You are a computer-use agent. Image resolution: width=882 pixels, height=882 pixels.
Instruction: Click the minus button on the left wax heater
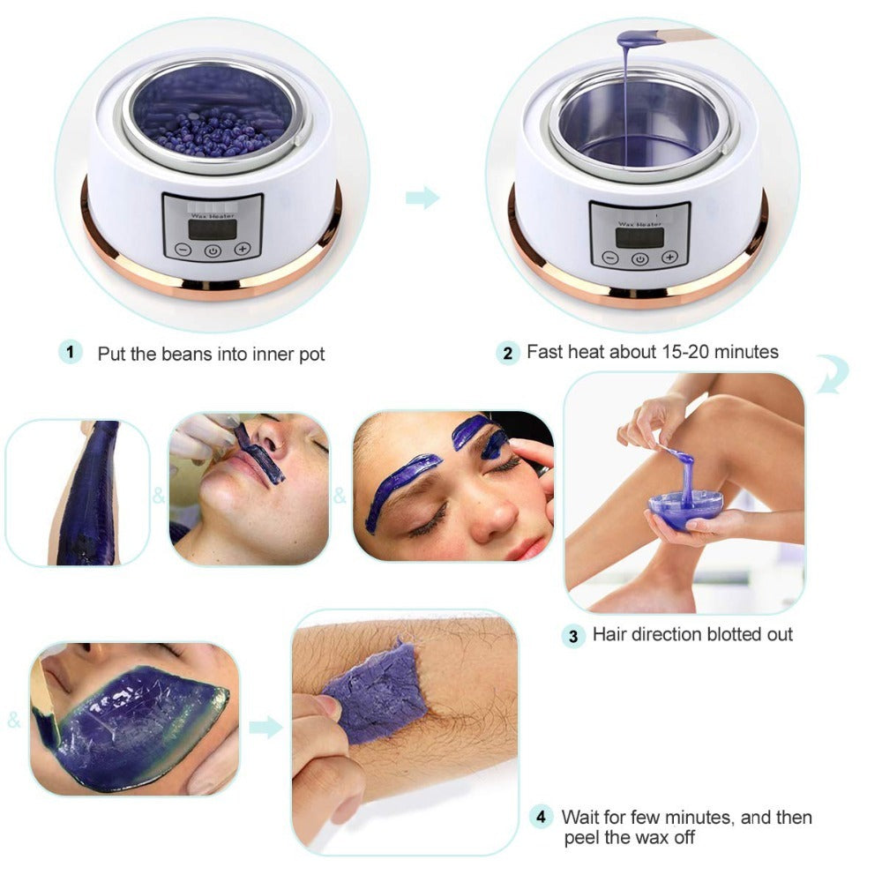[x=183, y=250]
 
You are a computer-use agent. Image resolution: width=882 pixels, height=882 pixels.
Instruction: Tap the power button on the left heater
[x=212, y=250]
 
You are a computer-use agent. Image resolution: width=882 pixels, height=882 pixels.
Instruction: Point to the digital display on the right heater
[x=639, y=235]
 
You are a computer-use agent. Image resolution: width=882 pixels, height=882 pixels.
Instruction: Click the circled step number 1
[x=71, y=352]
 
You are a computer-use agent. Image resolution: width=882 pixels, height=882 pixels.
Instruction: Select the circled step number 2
[x=506, y=354]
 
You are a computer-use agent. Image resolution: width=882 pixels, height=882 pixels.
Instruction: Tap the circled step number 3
[x=573, y=635]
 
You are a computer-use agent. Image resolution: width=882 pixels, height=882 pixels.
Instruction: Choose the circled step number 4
[x=542, y=818]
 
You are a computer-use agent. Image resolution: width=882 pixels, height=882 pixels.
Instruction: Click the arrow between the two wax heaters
[x=422, y=198]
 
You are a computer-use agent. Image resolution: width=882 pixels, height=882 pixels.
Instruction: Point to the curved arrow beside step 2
[x=831, y=375]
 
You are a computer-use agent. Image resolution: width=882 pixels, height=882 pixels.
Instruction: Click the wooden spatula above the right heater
[x=684, y=35]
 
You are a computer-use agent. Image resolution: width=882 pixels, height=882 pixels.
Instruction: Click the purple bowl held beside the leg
[x=684, y=510]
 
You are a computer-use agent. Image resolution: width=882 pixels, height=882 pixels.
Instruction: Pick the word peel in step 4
[x=585, y=837]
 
